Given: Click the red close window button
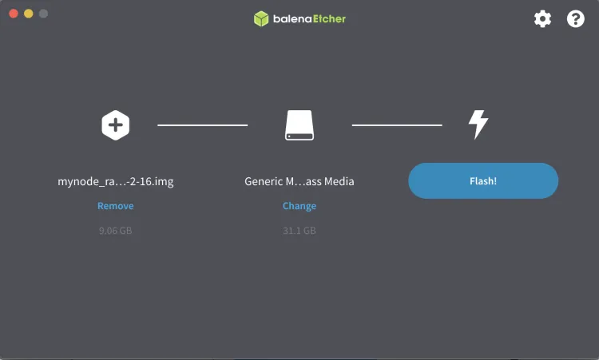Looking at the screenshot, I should [14, 14].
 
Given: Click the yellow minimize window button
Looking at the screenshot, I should [28, 14].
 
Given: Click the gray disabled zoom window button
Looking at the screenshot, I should [43, 14].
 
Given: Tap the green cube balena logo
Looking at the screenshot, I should [261, 18].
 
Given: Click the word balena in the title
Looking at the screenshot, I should [292, 18].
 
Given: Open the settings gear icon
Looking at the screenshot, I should [543, 18].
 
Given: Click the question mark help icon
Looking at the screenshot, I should [576, 18].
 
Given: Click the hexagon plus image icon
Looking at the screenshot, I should [116, 125].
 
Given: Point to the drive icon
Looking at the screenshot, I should [299, 125].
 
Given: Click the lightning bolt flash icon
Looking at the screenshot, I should [478, 125].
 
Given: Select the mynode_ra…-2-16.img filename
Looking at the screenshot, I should [116, 181].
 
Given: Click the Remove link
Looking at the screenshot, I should [116, 206].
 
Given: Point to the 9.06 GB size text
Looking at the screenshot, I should [116, 231].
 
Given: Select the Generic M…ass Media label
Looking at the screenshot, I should [299, 181].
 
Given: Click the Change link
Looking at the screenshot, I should [299, 206].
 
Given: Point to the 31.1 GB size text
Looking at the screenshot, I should [299, 231].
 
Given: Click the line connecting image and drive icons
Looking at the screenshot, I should [203, 125].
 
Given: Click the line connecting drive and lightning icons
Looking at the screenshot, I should [397, 125].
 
